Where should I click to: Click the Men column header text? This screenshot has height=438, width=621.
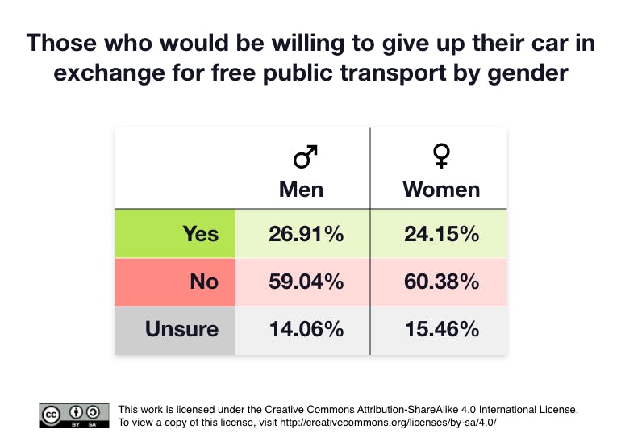click(301, 190)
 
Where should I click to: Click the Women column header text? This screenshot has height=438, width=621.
click(441, 190)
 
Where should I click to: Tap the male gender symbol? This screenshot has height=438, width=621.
click(305, 156)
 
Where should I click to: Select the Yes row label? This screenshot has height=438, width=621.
click(200, 234)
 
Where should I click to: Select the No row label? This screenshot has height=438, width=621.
click(204, 282)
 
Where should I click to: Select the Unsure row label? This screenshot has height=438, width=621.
click(181, 329)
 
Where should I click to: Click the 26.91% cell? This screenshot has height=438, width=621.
click(306, 234)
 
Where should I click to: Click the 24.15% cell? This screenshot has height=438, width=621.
click(441, 234)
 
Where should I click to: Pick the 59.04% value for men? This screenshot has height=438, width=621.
click(306, 282)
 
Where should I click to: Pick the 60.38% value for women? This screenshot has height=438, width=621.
click(441, 282)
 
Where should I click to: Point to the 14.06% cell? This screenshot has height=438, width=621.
click(306, 329)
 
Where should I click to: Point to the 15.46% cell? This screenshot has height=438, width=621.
click(441, 329)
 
